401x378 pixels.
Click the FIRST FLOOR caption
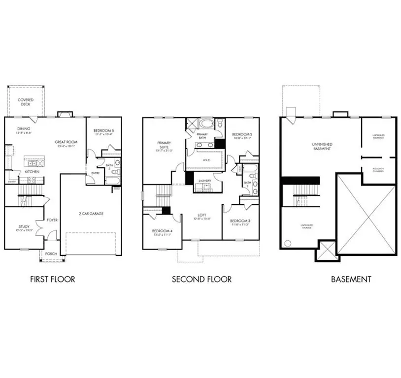(52, 279)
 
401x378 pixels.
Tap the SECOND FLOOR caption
(201, 279)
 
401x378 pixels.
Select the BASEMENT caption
(351, 279)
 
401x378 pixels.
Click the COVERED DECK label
(26, 102)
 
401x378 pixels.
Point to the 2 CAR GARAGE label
(91, 214)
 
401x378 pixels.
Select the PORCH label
(51, 254)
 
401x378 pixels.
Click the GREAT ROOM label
(66, 142)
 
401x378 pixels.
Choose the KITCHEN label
(33, 171)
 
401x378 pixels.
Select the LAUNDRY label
(205, 181)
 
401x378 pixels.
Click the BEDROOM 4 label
(162, 231)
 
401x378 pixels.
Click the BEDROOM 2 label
(242, 134)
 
